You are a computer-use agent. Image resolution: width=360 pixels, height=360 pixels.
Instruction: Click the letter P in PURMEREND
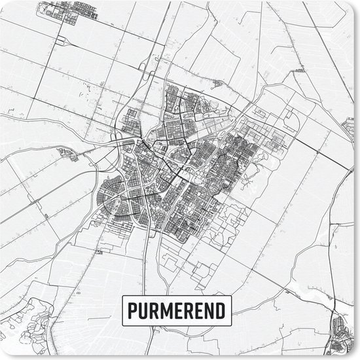pos(133,308)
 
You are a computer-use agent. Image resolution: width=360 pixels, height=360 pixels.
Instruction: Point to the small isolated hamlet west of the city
pos(68,154)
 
